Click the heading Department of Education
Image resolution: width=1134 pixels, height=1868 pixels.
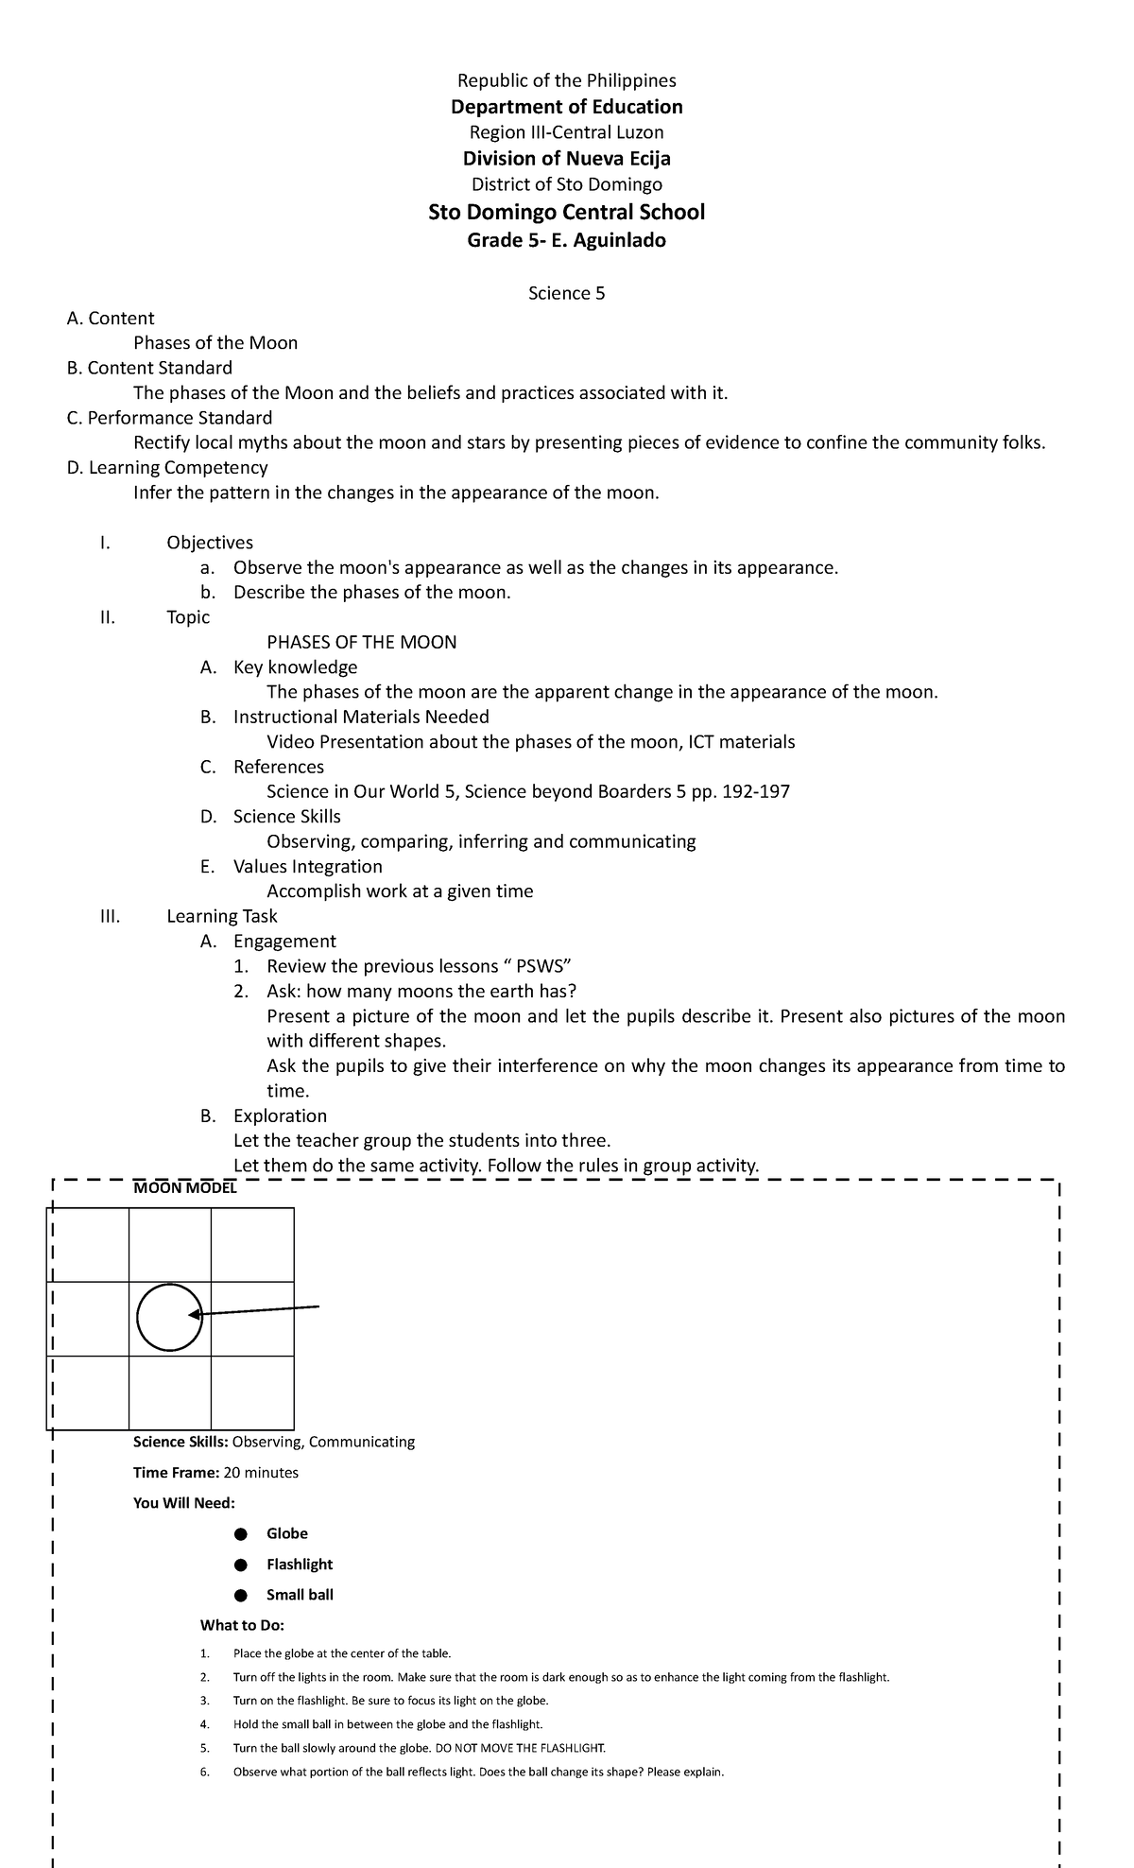(x=566, y=107)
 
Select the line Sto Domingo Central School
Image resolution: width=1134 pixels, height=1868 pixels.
(x=566, y=212)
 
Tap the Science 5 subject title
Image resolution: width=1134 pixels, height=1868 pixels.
(x=566, y=293)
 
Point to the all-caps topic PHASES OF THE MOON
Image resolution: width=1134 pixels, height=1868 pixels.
(x=362, y=642)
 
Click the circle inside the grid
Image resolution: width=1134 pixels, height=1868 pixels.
(x=169, y=1317)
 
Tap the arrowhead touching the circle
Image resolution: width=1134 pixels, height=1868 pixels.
(x=194, y=1314)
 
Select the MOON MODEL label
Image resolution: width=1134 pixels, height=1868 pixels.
(x=185, y=1188)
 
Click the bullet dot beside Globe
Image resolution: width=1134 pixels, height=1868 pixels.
(x=241, y=1533)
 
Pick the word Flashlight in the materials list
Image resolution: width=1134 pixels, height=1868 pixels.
(x=300, y=1565)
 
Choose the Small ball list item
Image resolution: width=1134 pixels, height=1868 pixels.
(x=300, y=1595)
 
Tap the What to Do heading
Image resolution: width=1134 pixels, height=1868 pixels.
(x=242, y=1625)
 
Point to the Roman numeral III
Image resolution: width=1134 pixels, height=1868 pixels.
(x=110, y=916)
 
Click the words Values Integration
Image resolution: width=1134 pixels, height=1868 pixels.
(x=308, y=866)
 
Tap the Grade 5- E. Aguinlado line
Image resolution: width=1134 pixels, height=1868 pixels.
(x=566, y=240)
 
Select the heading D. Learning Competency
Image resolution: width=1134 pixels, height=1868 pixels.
(x=167, y=467)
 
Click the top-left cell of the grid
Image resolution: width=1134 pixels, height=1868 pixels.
(x=88, y=1245)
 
